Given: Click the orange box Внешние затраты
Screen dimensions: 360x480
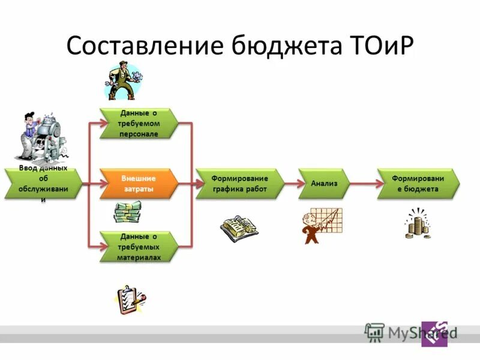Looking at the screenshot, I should tap(139, 184).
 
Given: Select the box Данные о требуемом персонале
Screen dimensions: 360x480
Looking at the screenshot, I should tap(139, 124).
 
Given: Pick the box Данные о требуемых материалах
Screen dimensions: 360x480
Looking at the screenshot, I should tap(139, 247).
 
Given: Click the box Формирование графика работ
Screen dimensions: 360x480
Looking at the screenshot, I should tap(239, 184).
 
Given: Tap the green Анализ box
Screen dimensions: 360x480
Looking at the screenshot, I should tap(324, 184).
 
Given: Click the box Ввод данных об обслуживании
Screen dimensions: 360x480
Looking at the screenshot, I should tap(42, 184).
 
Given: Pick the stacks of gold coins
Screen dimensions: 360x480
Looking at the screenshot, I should tap(418, 223).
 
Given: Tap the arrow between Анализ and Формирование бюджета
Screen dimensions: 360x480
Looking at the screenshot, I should tap(362, 184).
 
